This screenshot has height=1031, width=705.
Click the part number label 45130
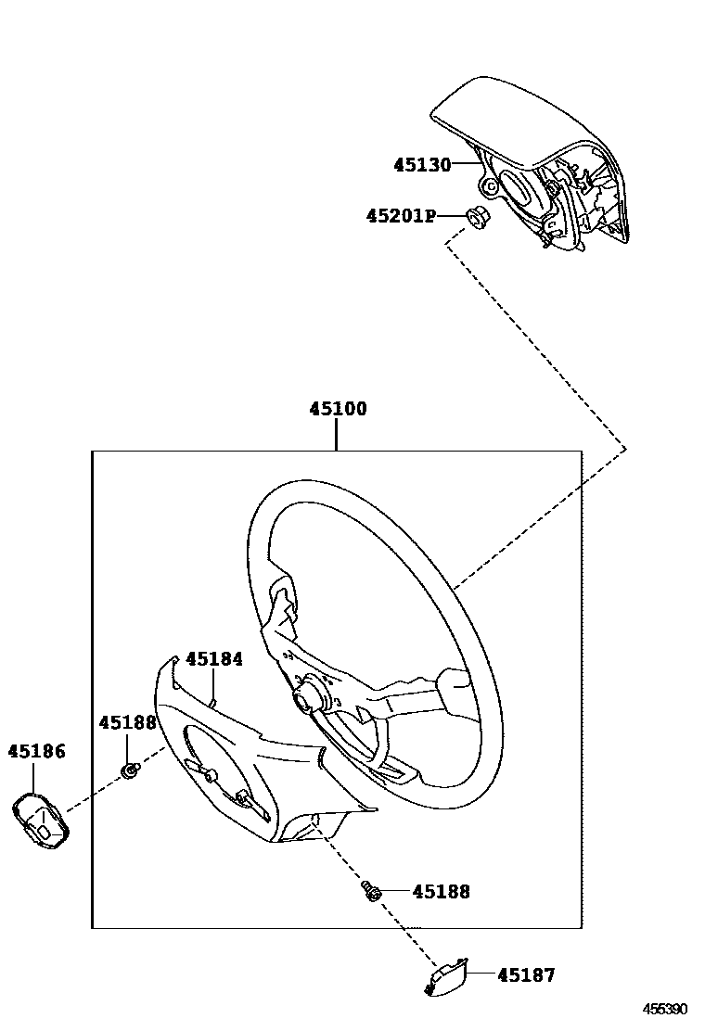click(x=421, y=165)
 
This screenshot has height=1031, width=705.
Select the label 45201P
click(x=400, y=216)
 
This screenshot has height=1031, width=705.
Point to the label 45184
click(x=214, y=659)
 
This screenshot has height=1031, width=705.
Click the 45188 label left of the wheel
click(x=128, y=722)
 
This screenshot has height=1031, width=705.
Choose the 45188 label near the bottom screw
click(x=441, y=892)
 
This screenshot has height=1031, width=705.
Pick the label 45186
click(x=37, y=751)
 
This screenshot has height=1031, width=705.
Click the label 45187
click(x=526, y=974)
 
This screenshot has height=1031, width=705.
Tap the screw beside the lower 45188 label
click(x=371, y=891)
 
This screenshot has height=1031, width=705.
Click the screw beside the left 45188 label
click(x=132, y=769)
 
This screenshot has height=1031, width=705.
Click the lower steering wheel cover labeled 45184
click(x=250, y=760)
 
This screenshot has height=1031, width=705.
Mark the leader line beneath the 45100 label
click(x=337, y=436)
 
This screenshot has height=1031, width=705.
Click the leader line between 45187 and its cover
click(x=481, y=974)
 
